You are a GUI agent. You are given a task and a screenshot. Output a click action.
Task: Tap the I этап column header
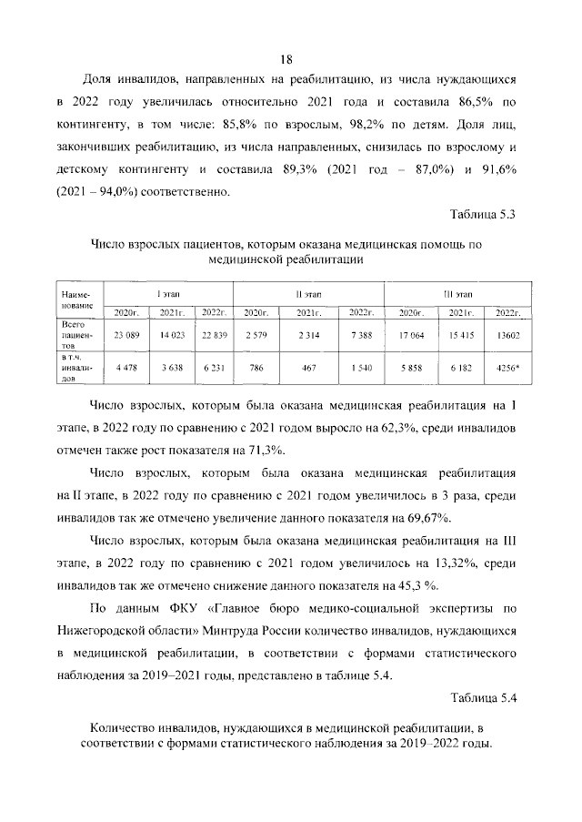coord(168,294)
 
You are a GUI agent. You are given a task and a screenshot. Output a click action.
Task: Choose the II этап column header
coord(308,294)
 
